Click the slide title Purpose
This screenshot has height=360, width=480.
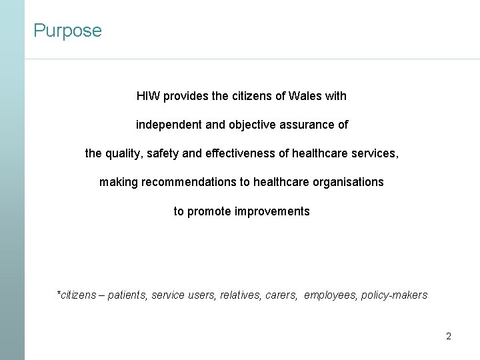click(x=67, y=31)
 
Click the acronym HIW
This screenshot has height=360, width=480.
click(x=148, y=96)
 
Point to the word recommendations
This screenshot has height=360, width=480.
click(x=191, y=182)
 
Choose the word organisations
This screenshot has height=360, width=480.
click(x=348, y=182)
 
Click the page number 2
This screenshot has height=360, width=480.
click(x=448, y=336)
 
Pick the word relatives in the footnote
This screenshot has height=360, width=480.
click(x=241, y=295)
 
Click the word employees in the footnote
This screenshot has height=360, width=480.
click(x=329, y=295)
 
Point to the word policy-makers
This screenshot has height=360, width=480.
click(x=394, y=295)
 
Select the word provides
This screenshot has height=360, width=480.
click(x=186, y=96)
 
